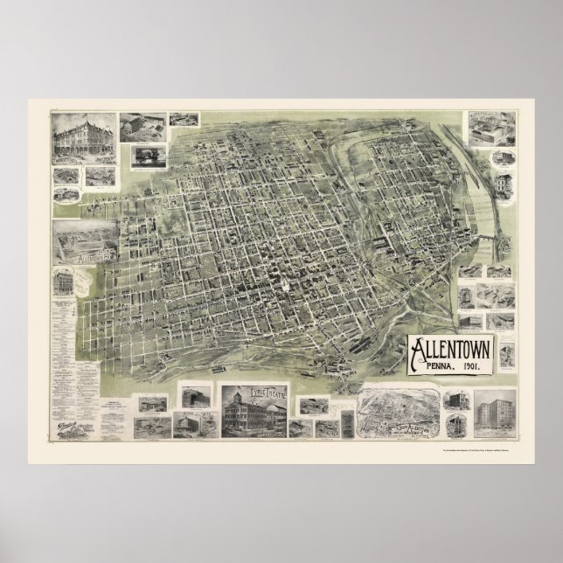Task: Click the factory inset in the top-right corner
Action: coord(490,128)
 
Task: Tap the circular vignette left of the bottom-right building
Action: coord(455,425)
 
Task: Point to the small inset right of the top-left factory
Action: coord(184,119)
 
